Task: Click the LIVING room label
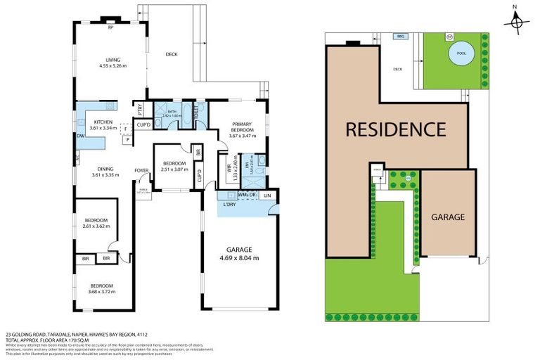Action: pyautogui.click(x=112, y=60)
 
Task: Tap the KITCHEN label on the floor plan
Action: pyautogui.click(x=93, y=122)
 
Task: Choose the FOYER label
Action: pyautogui.click(x=142, y=170)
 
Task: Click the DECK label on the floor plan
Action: pyautogui.click(x=171, y=55)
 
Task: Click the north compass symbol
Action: pyautogui.click(x=517, y=22)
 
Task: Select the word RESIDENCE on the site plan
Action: pyautogui.click(x=395, y=129)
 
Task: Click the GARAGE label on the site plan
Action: pyautogui.click(x=448, y=217)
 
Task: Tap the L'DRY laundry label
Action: pyautogui.click(x=229, y=204)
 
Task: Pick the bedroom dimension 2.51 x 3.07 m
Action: pyautogui.click(x=171, y=169)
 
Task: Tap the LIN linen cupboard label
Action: pyautogui.click(x=268, y=196)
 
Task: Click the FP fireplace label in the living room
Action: pyautogui.click(x=110, y=29)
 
